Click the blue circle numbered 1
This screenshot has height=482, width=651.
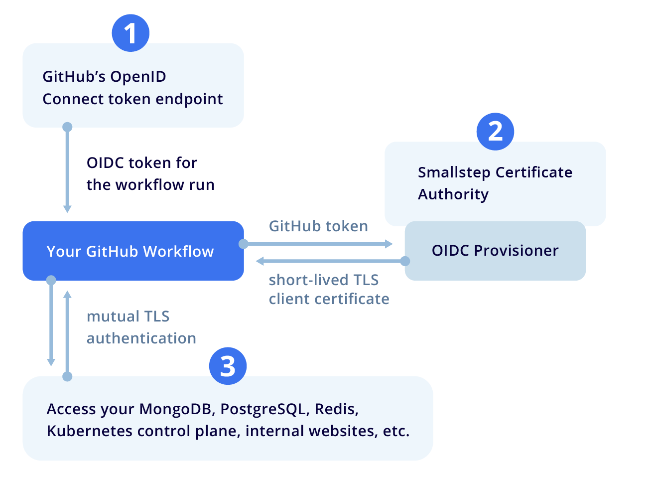point(130,33)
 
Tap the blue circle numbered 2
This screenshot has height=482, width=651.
point(495,131)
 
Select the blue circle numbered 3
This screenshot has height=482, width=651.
point(228,366)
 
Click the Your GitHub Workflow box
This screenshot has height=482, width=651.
point(133,251)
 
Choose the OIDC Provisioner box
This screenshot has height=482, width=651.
point(495,251)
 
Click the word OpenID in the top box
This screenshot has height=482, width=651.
point(138,77)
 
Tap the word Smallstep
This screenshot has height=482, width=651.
point(454,172)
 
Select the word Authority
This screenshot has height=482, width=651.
point(453,194)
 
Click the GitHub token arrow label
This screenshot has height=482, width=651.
point(318,226)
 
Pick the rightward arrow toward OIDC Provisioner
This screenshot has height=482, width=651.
point(318,244)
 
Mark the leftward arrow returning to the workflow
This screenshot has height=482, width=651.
point(329,261)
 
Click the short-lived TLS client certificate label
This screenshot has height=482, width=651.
point(329,290)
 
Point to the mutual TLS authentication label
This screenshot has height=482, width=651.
point(141,327)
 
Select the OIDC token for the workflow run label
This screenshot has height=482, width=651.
point(150,174)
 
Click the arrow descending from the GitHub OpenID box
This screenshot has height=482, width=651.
point(67,169)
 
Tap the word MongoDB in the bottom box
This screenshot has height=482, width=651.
point(177,409)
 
